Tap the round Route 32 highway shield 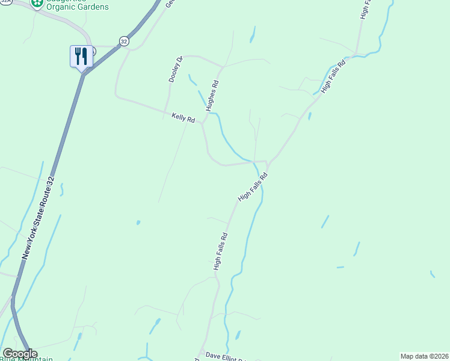(x=124, y=41)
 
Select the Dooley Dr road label (x=175, y=69)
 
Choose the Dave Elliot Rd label (x=226, y=356)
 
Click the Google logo (x=19, y=354)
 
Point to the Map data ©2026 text (x=424, y=356)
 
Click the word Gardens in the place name (x=97, y=7)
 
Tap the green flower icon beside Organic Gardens (x=37, y=3)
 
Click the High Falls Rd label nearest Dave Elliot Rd (x=220, y=251)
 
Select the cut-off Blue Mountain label (x=27, y=359)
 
